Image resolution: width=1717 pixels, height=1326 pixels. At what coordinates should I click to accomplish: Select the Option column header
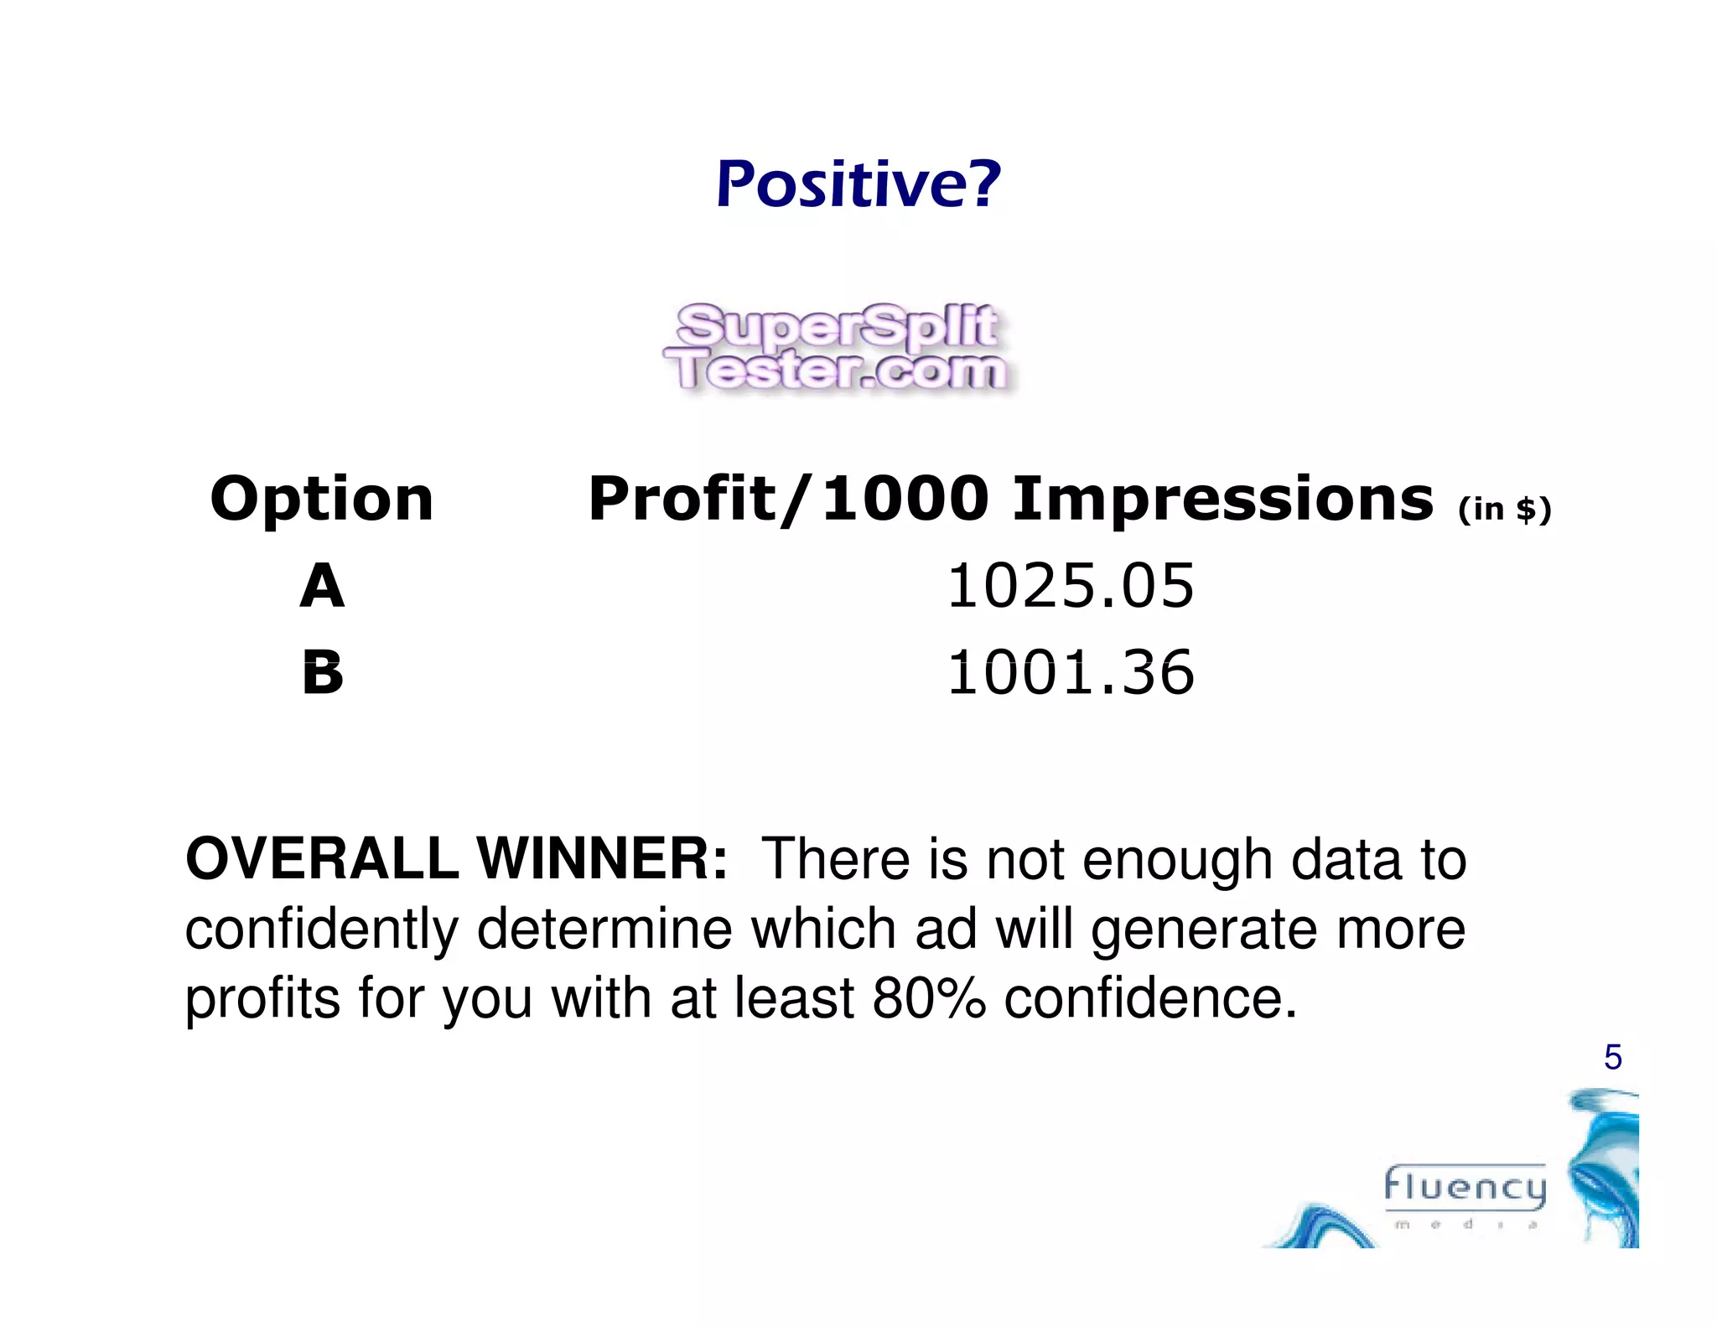coord(322,500)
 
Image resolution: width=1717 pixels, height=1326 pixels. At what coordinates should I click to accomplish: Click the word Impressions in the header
coord(1222,500)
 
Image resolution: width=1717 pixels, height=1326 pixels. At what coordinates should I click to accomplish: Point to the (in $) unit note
coord(1504,510)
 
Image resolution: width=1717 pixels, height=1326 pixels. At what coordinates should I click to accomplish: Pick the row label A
coord(322,586)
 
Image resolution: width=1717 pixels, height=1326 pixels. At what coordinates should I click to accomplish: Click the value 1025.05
coord(1071,586)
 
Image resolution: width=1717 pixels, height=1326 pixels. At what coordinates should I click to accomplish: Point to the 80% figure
coord(929,998)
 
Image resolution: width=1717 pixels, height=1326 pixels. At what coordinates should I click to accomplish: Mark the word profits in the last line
coord(262,1000)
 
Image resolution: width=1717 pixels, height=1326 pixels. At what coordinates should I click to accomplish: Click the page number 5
coord(1612,1058)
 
